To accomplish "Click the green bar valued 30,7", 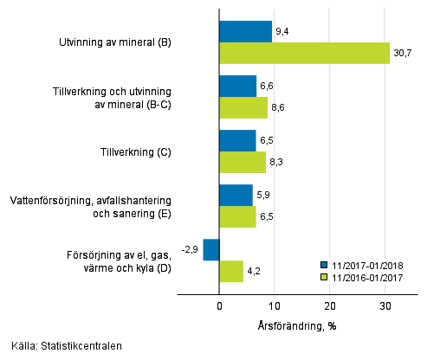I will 305,54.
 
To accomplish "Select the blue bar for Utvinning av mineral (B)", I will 246,32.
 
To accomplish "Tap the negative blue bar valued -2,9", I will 211,249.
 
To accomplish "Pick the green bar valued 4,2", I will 231,271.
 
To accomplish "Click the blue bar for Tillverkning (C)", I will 238,141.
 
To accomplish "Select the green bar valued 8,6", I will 243,108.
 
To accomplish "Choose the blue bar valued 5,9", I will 236,195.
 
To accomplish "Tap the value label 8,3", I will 277,163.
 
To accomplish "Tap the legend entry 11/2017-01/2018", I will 371,265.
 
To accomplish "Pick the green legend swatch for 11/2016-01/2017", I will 323,277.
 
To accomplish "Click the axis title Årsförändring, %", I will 296,325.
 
